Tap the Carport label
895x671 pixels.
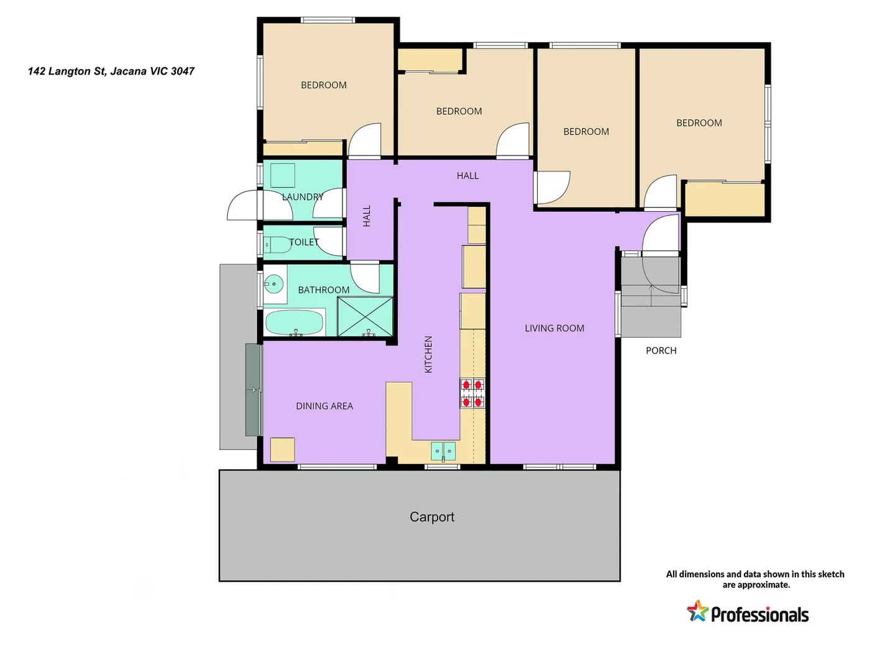(x=432, y=517)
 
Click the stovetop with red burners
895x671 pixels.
(x=472, y=393)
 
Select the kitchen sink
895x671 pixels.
(x=443, y=451)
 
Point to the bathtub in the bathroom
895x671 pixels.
(x=294, y=322)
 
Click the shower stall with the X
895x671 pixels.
(x=365, y=317)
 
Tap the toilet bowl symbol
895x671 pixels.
(x=277, y=245)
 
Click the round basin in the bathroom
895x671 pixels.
(x=273, y=285)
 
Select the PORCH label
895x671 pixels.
(x=661, y=350)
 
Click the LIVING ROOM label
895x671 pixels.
(x=554, y=328)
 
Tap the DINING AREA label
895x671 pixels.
(x=324, y=406)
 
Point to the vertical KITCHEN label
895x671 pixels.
(x=428, y=354)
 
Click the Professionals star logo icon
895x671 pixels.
(x=697, y=611)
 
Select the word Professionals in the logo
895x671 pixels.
(x=760, y=615)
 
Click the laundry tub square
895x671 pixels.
(x=282, y=175)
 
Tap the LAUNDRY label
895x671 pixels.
(x=303, y=197)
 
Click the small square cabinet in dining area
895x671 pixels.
(x=282, y=449)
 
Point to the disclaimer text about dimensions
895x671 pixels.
(x=755, y=579)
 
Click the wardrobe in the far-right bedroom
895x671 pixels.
(x=725, y=199)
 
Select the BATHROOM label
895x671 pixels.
(x=323, y=290)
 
